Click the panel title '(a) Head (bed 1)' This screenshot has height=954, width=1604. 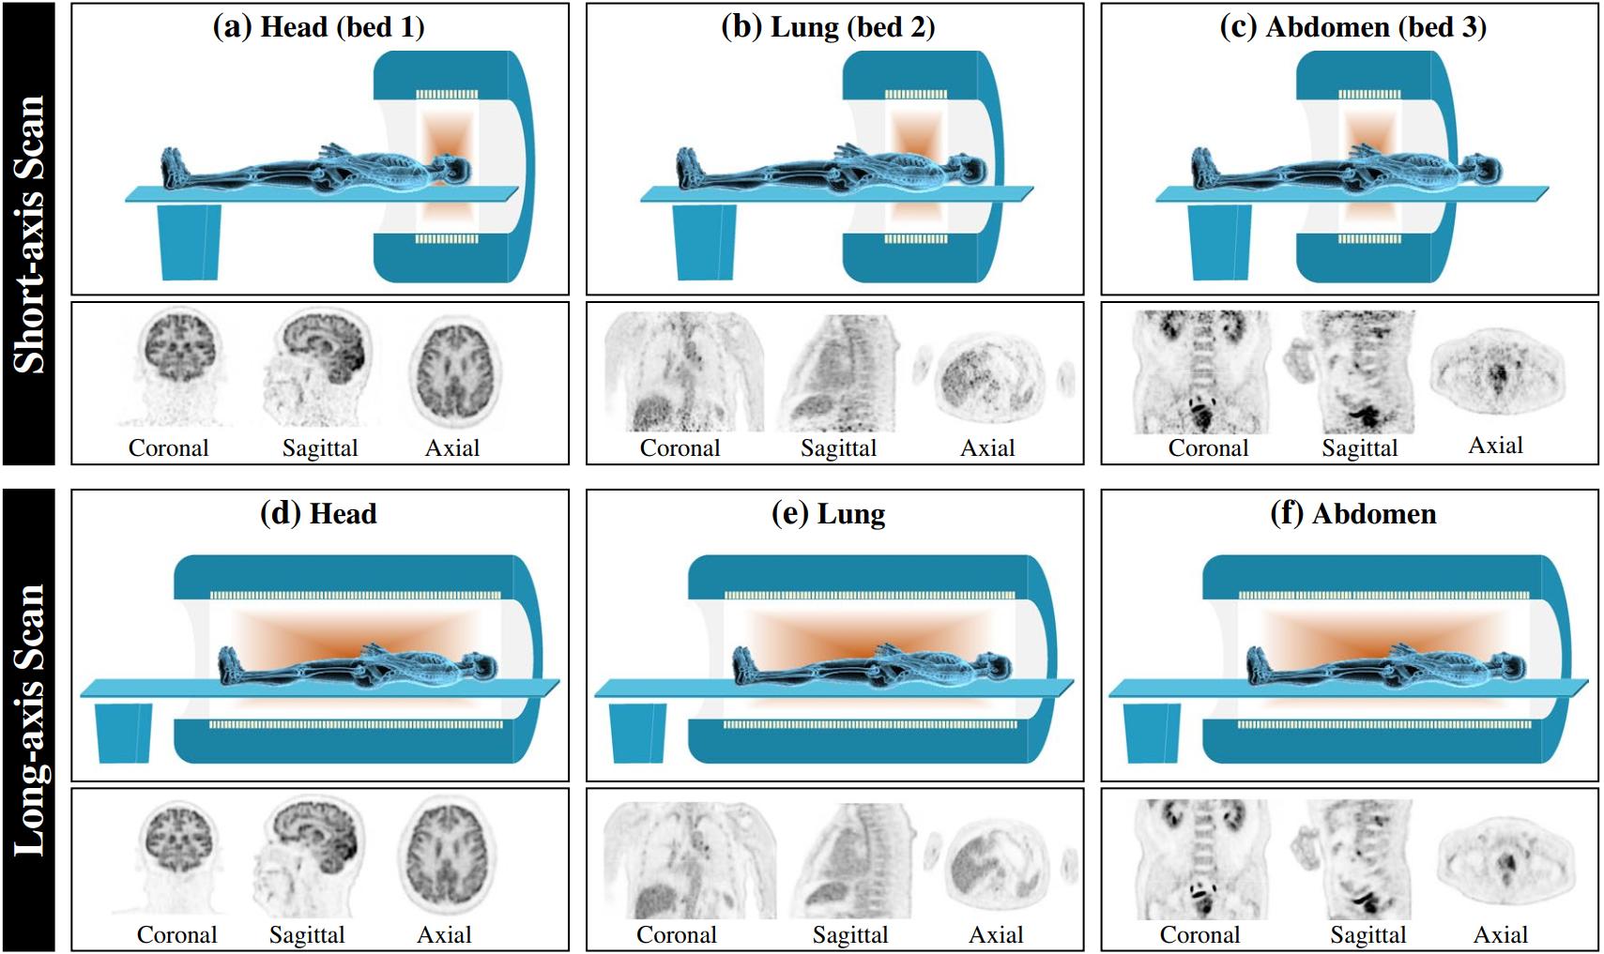click(x=319, y=27)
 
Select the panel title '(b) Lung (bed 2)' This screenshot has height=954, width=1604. click(x=829, y=27)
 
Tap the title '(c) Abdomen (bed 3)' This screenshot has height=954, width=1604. click(x=1353, y=27)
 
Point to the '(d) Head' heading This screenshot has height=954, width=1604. click(x=319, y=514)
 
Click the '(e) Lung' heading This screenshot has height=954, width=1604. click(x=829, y=514)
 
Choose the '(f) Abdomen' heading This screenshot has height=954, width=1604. click(x=1353, y=514)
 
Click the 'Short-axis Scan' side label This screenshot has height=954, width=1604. click(x=29, y=234)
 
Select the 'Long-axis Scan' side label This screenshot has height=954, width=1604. click(x=29, y=720)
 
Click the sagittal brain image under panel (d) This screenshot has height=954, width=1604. click(x=308, y=856)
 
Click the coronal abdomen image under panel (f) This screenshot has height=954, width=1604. click(x=1203, y=859)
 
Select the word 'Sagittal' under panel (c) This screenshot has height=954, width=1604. click(x=1359, y=448)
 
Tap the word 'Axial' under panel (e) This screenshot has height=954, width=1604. click(x=995, y=934)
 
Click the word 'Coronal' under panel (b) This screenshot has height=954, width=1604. click(x=680, y=448)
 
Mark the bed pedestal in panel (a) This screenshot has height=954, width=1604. click(x=189, y=242)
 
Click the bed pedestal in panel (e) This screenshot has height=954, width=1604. click(x=638, y=733)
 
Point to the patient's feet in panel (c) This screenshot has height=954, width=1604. click(x=1206, y=168)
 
